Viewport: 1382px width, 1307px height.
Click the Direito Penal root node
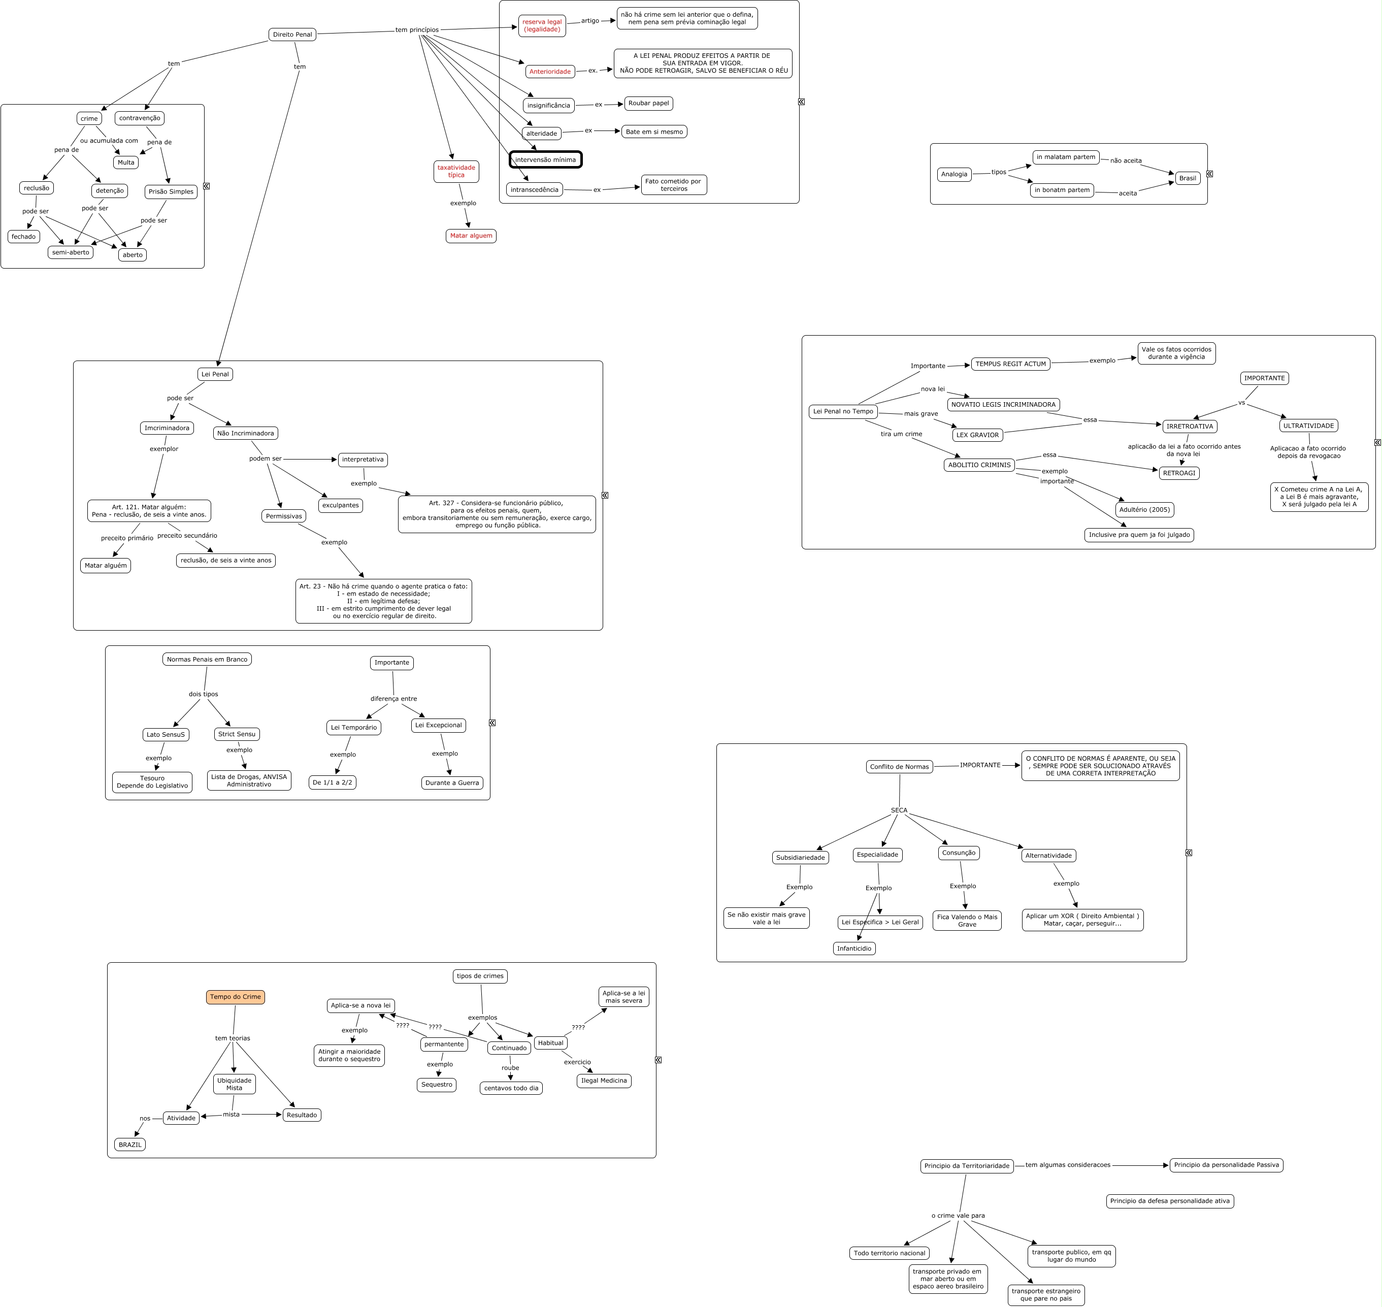pyautogui.click(x=292, y=34)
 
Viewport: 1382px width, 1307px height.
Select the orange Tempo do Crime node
pyautogui.click(x=236, y=997)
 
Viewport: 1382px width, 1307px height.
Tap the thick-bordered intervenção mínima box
pyautogui.click(x=545, y=159)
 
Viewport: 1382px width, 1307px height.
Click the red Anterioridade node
pyautogui.click(x=549, y=72)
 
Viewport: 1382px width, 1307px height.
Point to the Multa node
pyautogui.click(x=126, y=162)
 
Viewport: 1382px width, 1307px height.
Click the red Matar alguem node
pyautogui.click(x=471, y=236)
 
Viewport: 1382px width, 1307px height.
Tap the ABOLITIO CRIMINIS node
pyautogui.click(x=979, y=465)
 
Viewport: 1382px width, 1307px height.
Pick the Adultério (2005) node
pyautogui.click(x=1144, y=509)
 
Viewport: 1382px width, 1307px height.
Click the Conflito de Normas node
pyautogui.click(x=899, y=766)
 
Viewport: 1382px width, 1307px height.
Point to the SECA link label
pyautogui.click(x=899, y=810)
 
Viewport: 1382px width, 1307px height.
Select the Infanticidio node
pyautogui.click(x=854, y=948)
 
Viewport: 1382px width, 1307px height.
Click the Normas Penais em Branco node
pyautogui.click(x=207, y=659)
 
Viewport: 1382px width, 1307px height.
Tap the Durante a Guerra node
pyautogui.click(x=452, y=782)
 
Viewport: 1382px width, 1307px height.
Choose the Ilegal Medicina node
pyautogui.click(x=604, y=1081)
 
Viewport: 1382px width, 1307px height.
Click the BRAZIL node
pyautogui.click(x=130, y=1145)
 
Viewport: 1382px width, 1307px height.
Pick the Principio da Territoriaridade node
pyautogui.click(x=967, y=1165)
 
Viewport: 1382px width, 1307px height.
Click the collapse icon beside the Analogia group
pyautogui.click(x=1209, y=174)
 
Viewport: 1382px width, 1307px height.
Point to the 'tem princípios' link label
pyautogui.click(x=416, y=30)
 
